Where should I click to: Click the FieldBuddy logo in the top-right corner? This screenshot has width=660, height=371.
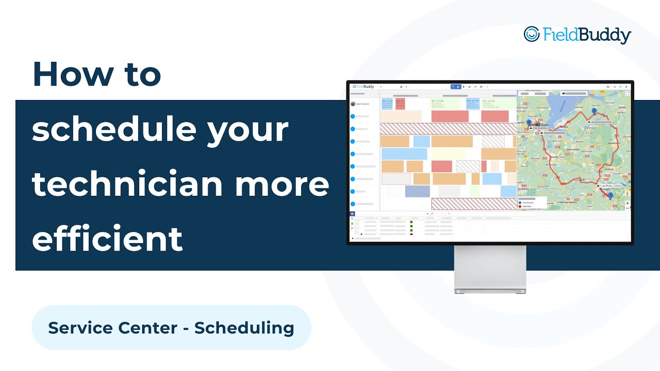pos(577,35)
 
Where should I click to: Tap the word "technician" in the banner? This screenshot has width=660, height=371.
pos(124,184)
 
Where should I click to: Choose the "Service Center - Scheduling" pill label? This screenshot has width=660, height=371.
pos(171,328)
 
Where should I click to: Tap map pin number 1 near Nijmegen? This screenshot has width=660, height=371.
pos(610,195)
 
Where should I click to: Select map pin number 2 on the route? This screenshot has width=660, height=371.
pos(594,111)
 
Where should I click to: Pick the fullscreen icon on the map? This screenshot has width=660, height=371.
pos(627,94)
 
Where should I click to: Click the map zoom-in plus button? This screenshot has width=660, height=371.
pos(627,203)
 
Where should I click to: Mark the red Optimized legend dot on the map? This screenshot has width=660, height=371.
pos(520,206)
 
